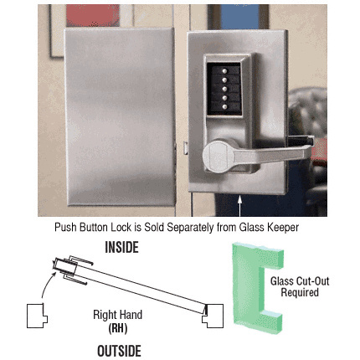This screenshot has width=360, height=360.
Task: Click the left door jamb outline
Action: tap(35, 316)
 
